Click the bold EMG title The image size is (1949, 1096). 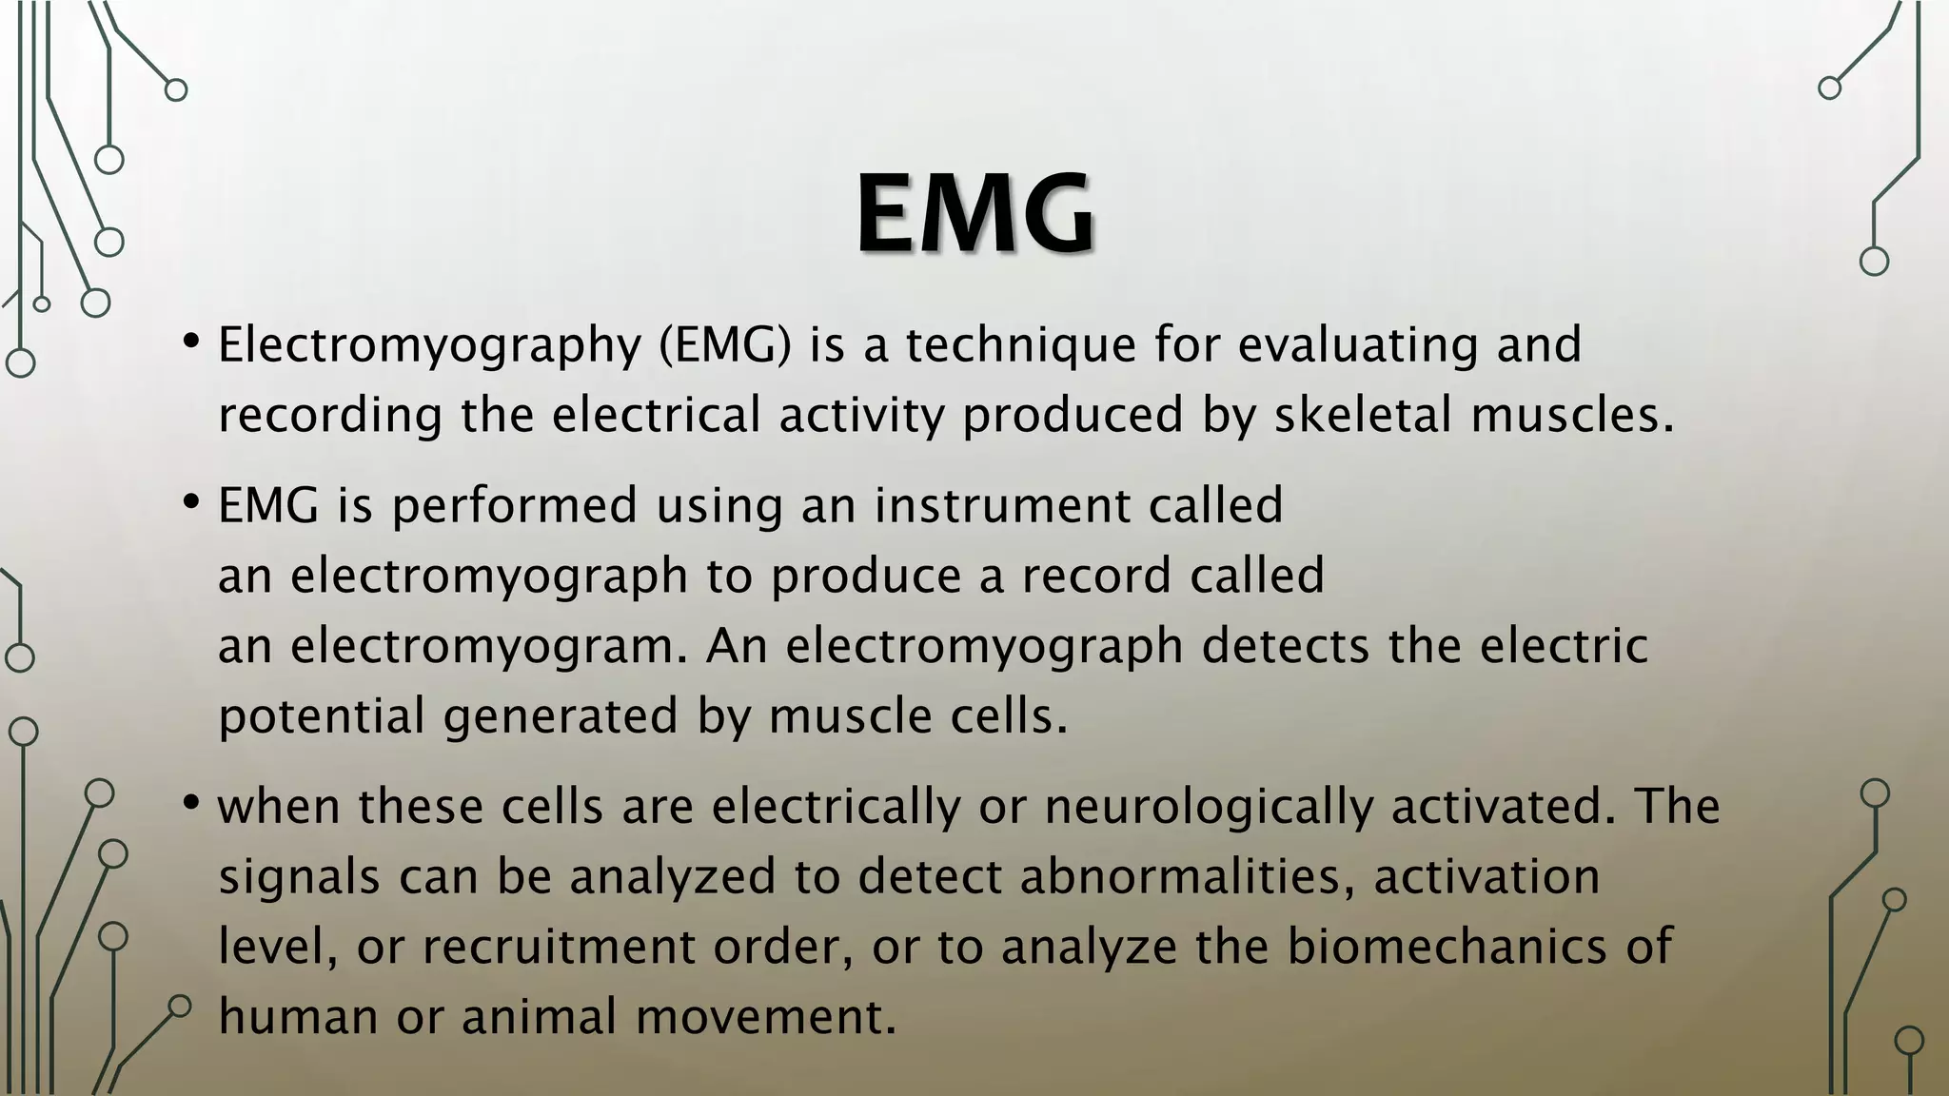click(x=974, y=214)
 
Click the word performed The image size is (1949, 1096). click(x=514, y=506)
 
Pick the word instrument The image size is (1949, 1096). click(x=1002, y=506)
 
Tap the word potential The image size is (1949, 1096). click(x=322, y=717)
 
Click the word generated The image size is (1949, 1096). click(x=561, y=717)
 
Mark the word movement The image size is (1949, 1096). click(x=766, y=1017)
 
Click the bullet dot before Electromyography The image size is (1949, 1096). click(x=191, y=341)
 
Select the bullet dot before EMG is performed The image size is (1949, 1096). click(x=191, y=500)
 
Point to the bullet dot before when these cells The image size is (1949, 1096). click(x=191, y=804)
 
